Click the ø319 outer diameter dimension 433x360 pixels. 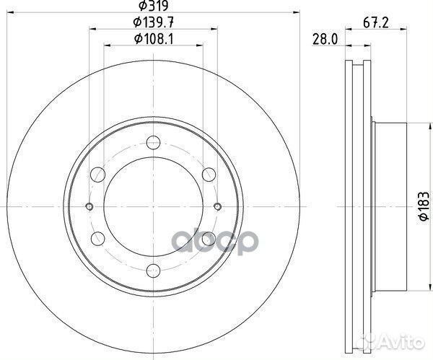pos(153,6)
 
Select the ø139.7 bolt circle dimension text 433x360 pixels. pos(153,22)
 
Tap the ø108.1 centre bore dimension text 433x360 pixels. pos(153,39)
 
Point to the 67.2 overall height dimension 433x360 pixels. pos(376,22)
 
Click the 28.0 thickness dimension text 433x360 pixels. pos(325,39)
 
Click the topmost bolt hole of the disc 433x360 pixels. pos(153,142)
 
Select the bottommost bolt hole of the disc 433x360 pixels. pos(153,271)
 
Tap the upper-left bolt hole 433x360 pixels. pos(97,175)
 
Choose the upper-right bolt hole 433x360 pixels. pos(209,175)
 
